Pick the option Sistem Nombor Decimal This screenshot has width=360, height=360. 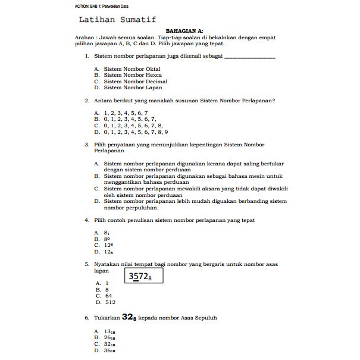135,82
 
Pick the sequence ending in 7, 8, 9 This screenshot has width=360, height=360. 136,132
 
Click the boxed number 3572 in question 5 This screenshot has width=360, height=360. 144,277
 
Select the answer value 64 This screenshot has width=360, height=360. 108,295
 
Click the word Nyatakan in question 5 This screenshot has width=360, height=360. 108,264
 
